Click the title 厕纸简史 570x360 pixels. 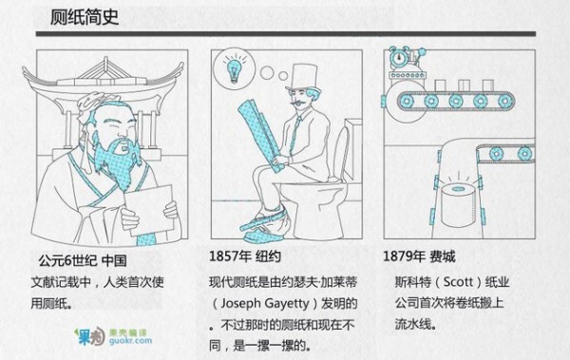[85, 17]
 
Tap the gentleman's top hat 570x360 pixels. [303, 77]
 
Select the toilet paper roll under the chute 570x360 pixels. [459, 205]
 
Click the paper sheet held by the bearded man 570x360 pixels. [149, 210]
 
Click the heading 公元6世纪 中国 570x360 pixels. [83, 260]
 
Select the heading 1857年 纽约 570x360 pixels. [245, 256]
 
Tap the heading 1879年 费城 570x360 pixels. [419, 256]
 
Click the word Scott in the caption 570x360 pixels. [458, 282]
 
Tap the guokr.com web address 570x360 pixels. [130, 341]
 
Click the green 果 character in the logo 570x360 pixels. [85, 337]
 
